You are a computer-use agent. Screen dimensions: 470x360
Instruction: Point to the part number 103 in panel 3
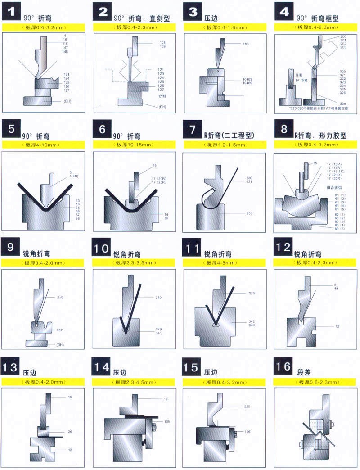click(246, 44)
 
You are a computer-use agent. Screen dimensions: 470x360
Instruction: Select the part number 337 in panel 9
click(59, 330)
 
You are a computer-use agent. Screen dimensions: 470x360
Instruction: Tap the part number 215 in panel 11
click(252, 293)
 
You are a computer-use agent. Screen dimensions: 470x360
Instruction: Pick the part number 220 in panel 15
click(247, 406)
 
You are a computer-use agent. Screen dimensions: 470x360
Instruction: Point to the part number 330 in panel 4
click(343, 104)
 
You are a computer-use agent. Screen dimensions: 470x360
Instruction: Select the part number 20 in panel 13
click(70, 431)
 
